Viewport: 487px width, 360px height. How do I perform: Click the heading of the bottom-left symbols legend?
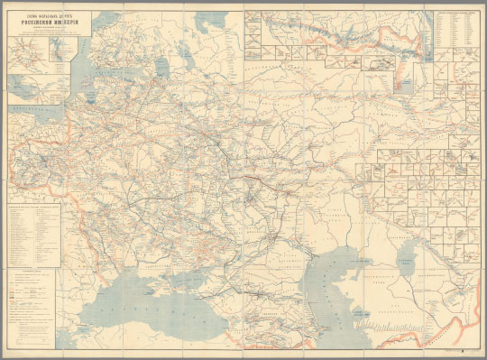tap(27, 270)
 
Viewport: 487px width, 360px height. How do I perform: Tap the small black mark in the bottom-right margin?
tap(463, 346)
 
